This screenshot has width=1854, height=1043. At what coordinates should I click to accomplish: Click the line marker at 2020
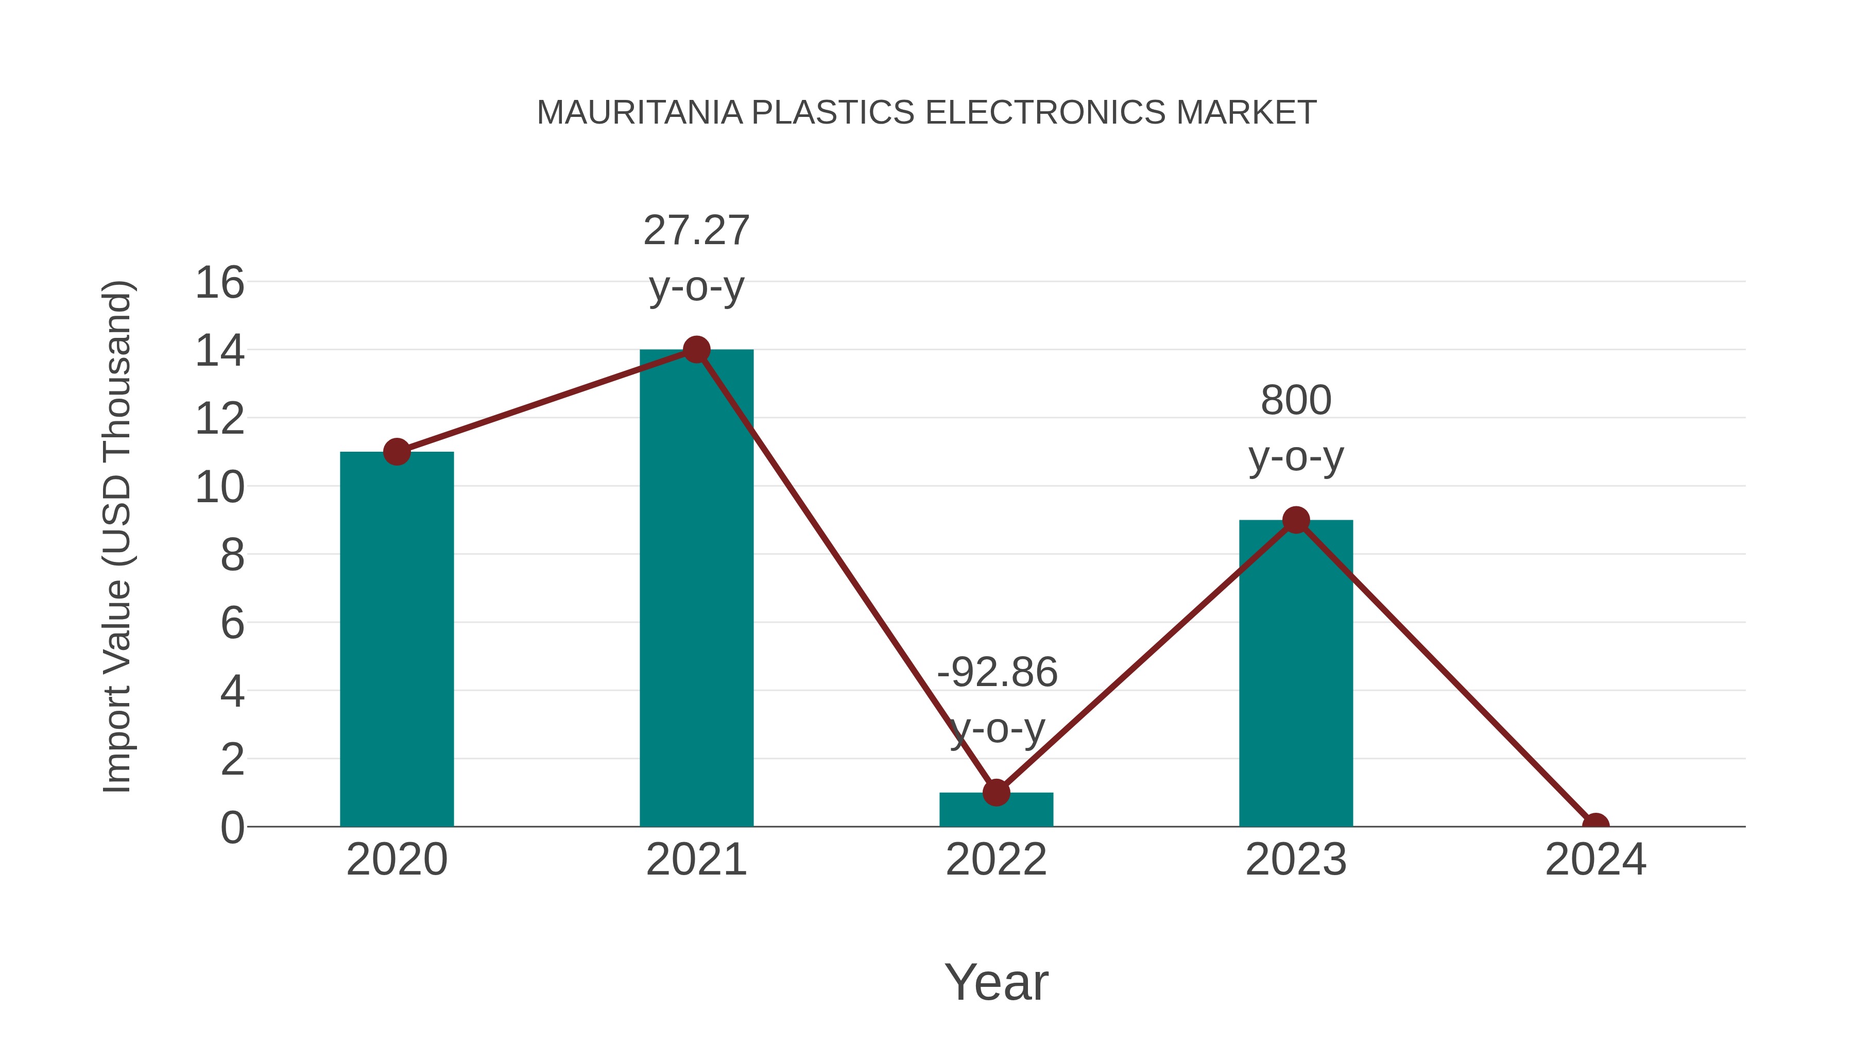coord(397,452)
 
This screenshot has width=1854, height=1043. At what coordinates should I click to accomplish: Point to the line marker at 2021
coord(696,350)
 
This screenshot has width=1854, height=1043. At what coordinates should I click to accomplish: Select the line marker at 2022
coord(996,793)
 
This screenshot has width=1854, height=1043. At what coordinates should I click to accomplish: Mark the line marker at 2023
coord(1296,520)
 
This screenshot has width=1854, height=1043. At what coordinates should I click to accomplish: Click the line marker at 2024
coord(1595,825)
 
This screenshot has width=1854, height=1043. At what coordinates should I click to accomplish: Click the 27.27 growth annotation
coord(696,231)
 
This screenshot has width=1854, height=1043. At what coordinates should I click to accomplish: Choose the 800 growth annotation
coord(1296,401)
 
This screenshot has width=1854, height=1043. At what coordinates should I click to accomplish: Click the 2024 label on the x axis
coord(1595,860)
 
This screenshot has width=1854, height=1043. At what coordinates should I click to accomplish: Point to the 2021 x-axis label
coord(696,860)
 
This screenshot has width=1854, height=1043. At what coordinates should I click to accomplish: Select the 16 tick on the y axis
coord(219,283)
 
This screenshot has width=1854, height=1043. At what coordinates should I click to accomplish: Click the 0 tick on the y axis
coord(232,828)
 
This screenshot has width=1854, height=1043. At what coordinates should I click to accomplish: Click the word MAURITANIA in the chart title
coord(639,113)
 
